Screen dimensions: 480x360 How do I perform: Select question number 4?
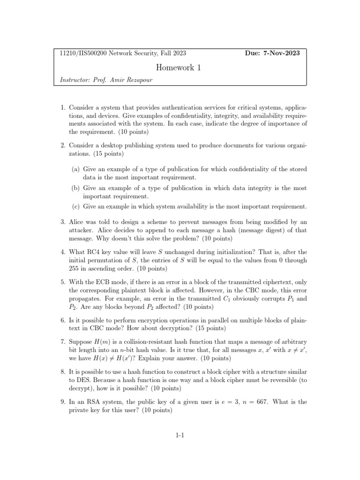[63, 252]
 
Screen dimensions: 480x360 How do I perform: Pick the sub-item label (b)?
[75, 188]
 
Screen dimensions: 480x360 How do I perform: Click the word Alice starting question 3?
[78, 220]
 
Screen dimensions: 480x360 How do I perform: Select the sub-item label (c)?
[75, 206]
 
